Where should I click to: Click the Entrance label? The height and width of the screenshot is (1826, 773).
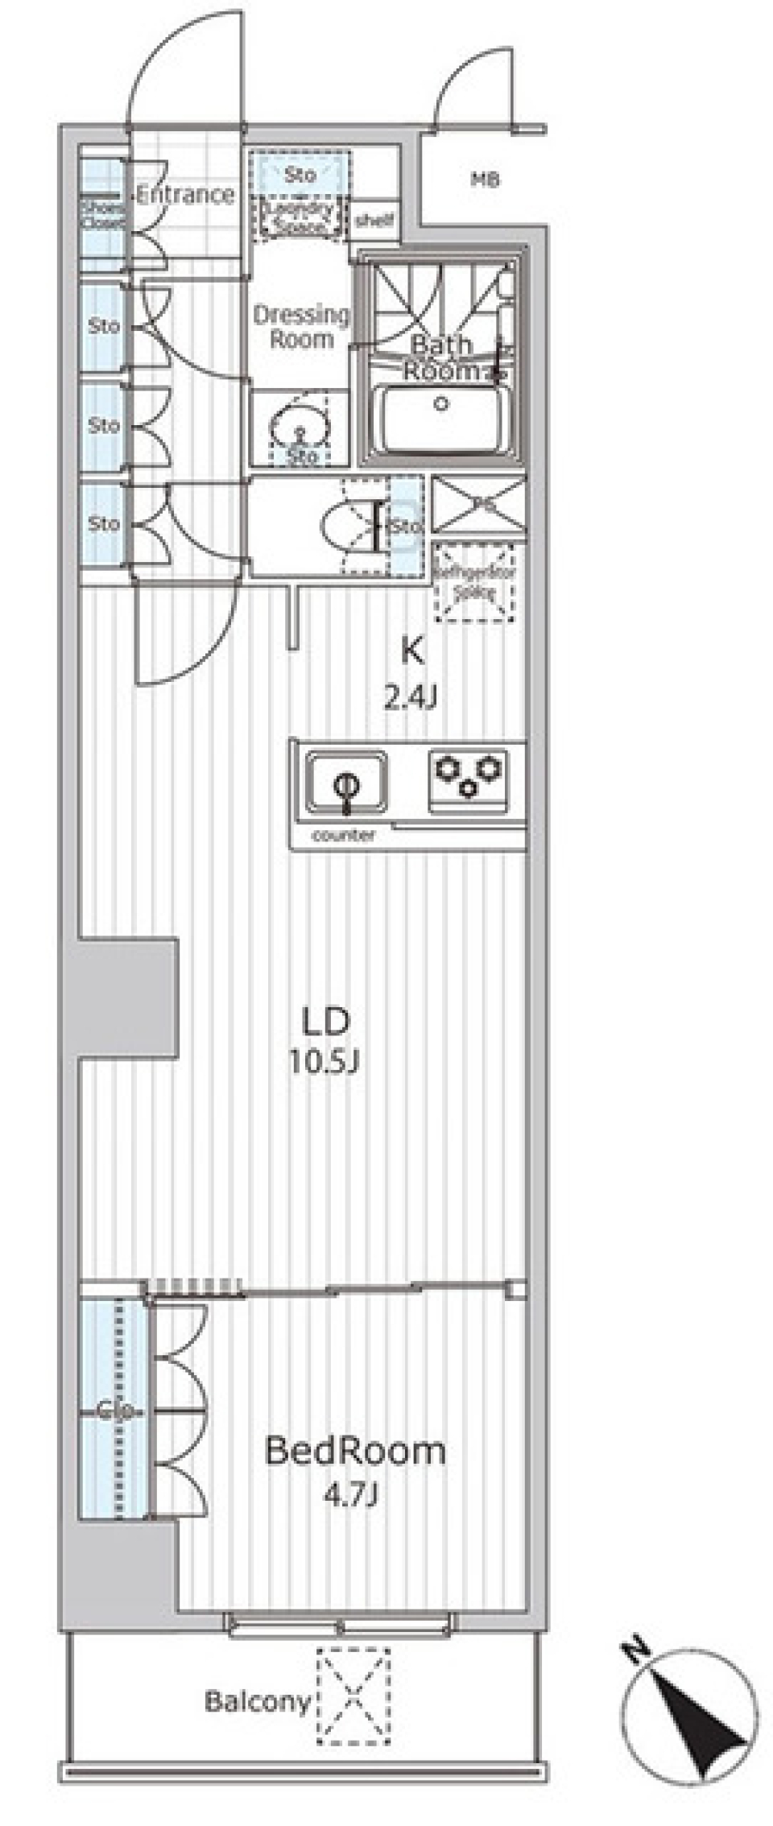185,195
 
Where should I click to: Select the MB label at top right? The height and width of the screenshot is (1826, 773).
486,180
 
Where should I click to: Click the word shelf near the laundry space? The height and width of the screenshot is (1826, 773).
375,219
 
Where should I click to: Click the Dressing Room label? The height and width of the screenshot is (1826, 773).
301,326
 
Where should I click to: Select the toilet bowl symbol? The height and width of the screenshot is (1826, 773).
345,527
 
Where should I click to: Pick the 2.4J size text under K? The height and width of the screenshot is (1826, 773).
411,697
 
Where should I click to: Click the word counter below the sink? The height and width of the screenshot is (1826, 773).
343,836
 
